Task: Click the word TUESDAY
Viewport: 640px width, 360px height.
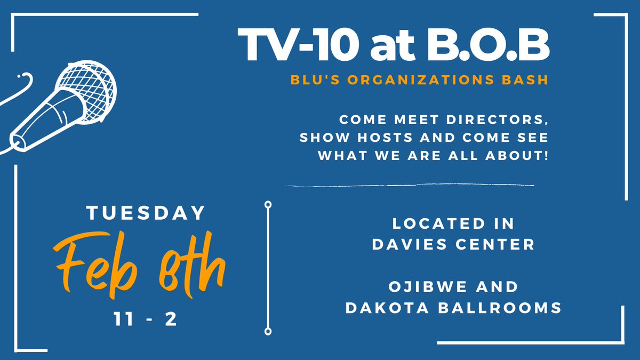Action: tap(146, 213)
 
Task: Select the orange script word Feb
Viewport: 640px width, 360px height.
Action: tap(94, 260)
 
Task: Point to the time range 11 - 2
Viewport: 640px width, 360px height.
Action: tap(146, 319)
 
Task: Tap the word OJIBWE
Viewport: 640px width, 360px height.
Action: tap(422, 286)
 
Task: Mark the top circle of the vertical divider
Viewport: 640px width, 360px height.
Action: tap(268, 204)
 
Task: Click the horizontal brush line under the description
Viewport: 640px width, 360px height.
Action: tap(411, 186)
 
